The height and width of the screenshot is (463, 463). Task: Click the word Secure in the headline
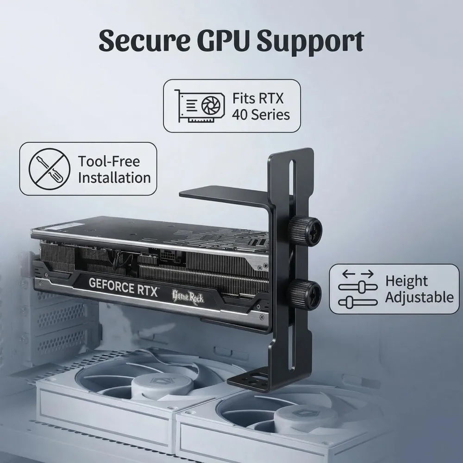pos(144,40)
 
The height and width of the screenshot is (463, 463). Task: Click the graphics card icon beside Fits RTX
pos(200,106)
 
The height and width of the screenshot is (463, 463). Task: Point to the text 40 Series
pos(261,114)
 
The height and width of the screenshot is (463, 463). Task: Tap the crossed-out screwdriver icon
pos(50,169)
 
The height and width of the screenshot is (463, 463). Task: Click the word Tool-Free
pos(109,161)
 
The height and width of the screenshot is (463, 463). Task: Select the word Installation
pos(114,178)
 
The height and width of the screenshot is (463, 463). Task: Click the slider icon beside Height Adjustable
pos(358,289)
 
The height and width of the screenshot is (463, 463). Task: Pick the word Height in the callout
pos(407,281)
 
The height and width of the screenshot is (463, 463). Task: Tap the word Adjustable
pos(419,297)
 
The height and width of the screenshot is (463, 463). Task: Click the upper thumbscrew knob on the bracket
pos(305,229)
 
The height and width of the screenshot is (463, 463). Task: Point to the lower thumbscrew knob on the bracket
pos(305,293)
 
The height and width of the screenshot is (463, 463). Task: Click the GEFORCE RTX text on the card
pos(123,287)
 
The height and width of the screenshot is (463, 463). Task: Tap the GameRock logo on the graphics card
pos(188,296)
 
